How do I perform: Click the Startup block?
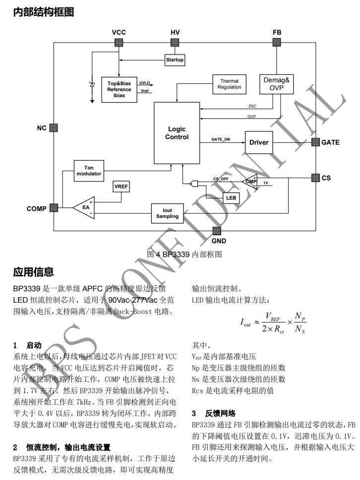coord(175,60)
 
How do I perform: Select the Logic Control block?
coord(177,133)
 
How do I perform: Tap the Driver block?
coord(259,142)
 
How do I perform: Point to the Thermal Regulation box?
coord(229,84)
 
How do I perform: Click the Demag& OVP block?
coord(277,84)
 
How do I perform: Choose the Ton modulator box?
coord(89,171)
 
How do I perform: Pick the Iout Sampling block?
coord(167,213)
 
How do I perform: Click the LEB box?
coord(231,197)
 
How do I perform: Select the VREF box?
coord(121,187)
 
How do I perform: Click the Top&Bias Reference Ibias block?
coord(119,90)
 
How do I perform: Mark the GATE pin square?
coord(315,142)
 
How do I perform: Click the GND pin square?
coord(217,231)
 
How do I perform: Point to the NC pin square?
coord(54,128)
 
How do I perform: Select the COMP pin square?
coord(54,208)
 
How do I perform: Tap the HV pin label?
coord(175,32)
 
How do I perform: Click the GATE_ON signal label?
coord(221,139)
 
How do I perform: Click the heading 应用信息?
coord(33,272)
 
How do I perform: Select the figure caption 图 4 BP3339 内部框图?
coord(184,254)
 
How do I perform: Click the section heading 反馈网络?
coord(221,413)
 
